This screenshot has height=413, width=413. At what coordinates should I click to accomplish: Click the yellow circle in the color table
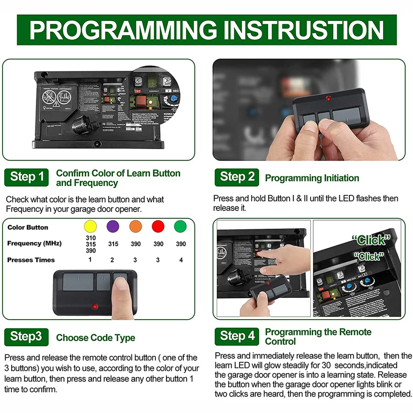point(90,226)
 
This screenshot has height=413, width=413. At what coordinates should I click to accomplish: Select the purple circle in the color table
point(113,226)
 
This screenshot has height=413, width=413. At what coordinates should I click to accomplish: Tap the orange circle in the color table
point(136,226)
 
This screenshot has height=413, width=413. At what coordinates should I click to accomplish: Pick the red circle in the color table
point(158,226)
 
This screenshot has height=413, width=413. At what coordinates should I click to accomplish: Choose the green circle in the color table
point(181,226)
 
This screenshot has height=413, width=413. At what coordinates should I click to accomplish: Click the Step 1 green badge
point(27,177)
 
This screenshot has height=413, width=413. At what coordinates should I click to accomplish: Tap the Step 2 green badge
point(237,177)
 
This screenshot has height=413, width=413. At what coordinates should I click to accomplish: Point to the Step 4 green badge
point(237,336)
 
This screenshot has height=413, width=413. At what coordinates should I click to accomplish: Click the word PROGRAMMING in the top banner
point(123,30)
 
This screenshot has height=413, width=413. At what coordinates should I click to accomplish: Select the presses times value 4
point(181,260)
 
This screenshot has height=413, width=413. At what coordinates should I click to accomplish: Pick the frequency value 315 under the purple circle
point(113,244)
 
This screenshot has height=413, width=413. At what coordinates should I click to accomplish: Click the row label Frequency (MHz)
point(34,243)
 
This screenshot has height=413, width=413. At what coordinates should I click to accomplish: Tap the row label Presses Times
point(31,260)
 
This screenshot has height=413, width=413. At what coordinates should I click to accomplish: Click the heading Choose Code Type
point(96,338)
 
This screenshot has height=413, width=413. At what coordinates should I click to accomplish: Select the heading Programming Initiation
point(312,178)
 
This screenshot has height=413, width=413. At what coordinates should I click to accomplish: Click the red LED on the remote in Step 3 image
point(95,307)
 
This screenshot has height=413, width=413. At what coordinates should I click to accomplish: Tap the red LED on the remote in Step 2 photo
point(328,99)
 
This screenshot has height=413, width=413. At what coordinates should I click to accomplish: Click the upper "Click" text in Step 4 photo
point(371,240)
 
